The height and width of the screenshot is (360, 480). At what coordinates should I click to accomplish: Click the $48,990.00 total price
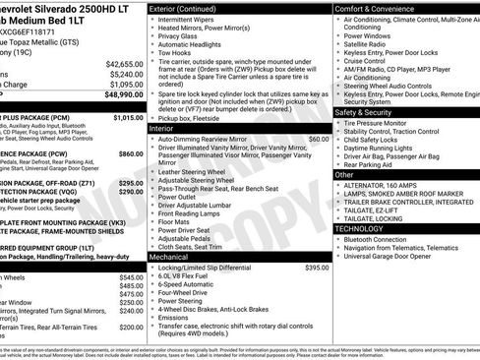pyautogui.click(x=118, y=95)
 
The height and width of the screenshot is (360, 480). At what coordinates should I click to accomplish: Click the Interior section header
pyautogui.click(x=161, y=128)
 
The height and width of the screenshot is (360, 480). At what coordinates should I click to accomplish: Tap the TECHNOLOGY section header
pyautogui.click(x=359, y=228)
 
